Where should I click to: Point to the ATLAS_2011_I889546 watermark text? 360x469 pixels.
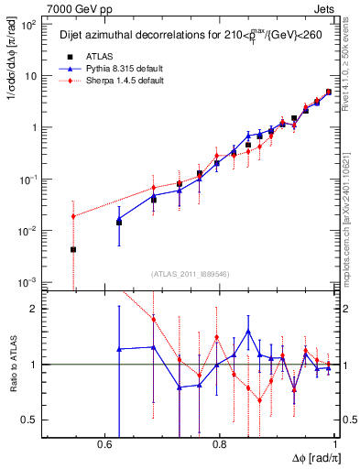[191, 273]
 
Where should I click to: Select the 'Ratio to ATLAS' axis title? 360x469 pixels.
[12, 365]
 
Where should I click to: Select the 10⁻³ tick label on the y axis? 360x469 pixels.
[27, 281]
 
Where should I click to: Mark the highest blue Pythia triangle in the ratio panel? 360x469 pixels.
[248, 332]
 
